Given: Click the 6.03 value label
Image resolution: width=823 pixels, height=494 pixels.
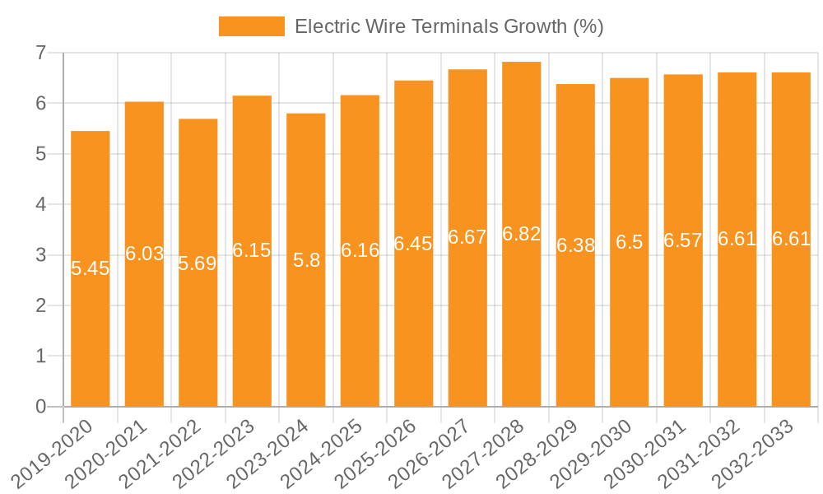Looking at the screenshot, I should point(144,254).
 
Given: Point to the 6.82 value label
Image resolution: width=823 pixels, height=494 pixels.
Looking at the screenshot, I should point(522,234).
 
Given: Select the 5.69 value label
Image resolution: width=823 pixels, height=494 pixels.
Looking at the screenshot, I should point(198,263).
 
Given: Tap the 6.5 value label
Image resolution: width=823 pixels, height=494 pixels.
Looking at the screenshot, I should point(630,242).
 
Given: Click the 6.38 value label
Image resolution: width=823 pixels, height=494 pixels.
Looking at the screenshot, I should point(575,245).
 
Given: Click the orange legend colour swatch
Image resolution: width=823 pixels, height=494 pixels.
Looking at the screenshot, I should point(251,26).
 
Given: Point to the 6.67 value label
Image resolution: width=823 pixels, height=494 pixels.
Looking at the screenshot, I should point(467,237).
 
